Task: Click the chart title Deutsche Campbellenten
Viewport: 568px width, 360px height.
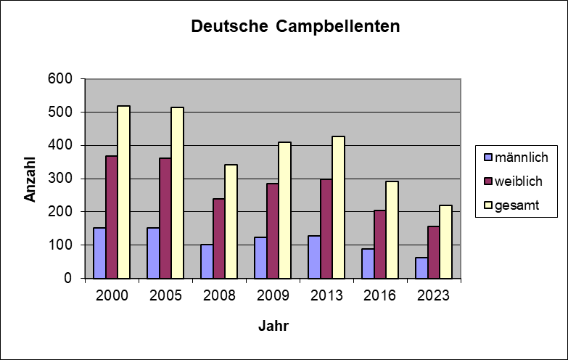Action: pos(295,27)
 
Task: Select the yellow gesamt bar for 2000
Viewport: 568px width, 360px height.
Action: pos(124,192)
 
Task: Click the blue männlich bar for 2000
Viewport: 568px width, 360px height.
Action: pos(99,253)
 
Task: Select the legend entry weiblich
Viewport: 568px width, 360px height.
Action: pos(517,181)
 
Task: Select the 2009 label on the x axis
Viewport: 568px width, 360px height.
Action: pos(273,296)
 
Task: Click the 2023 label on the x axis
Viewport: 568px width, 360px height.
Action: pos(434,296)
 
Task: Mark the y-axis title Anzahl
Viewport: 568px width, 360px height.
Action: pos(30,179)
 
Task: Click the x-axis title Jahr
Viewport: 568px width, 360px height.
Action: pos(273,326)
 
